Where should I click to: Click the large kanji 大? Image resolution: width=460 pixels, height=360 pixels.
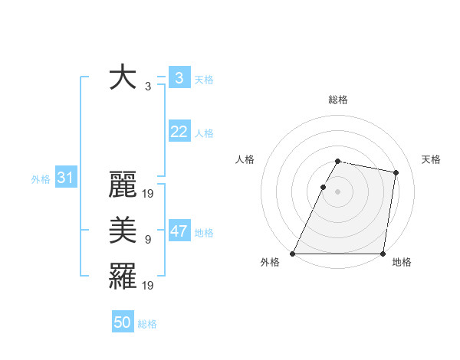(124, 78)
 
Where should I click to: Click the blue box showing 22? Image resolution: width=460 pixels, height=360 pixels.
(179, 132)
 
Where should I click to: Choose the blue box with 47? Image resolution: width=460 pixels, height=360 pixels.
(179, 231)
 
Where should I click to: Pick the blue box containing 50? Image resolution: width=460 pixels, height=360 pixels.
(123, 322)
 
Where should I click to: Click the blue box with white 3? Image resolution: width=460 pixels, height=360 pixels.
(179, 78)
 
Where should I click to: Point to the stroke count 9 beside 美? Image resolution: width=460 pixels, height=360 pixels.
(148, 240)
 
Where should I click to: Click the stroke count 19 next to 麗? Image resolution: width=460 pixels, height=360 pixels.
(148, 195)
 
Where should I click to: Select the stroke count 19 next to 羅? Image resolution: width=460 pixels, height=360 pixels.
(148, 286)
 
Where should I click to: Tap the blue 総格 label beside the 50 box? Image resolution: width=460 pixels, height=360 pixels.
(147, 324)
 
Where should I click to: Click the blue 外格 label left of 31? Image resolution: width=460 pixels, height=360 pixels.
(41, 179)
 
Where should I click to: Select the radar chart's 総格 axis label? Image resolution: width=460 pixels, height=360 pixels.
(337, 100)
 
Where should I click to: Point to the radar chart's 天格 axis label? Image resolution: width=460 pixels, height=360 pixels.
(431, 159)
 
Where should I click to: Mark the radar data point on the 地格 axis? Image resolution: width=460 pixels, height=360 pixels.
(383, 254)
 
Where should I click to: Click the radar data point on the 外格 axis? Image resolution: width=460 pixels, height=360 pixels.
(293, 254)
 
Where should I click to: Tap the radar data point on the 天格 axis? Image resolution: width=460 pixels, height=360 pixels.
(396, 173)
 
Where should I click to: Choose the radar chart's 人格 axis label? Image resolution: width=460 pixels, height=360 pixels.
(245, 159)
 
